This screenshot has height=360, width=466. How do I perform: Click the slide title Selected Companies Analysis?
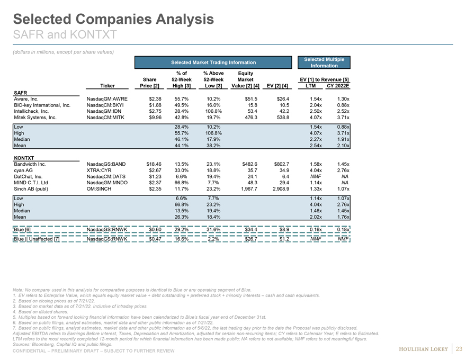(x=113, y=20)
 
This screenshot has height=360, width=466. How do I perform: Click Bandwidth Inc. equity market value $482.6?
(x=248, y=164)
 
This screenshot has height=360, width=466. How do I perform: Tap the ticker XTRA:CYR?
(x=99, y=170)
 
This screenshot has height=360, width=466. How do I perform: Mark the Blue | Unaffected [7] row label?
(x=37, y=239)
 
